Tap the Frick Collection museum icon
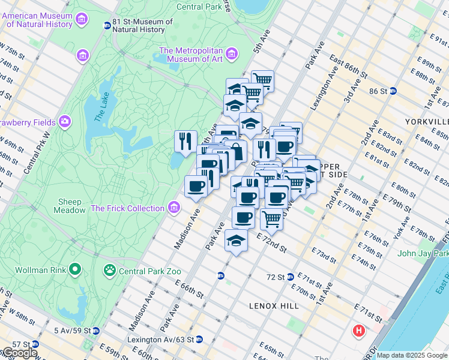(x=174, y=208)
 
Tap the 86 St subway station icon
(x=393, y=91)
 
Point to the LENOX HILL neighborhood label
(x=274, y=306)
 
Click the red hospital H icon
(x=359, y=331)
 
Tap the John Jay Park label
(x=423, y=253)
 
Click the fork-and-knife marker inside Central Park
(x=185, y=142)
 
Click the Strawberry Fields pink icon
(x=64, y=122)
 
